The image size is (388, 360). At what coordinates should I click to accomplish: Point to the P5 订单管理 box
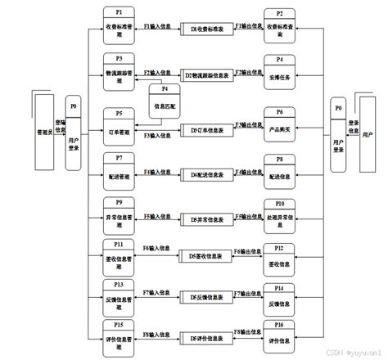(119, 125)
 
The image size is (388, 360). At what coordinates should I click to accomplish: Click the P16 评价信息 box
(279, 337)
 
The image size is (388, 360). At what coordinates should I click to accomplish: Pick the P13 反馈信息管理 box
(119, 295)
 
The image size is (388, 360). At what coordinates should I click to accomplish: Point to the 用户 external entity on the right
(370, 133)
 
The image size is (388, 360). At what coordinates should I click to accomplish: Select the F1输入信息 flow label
(158, 26)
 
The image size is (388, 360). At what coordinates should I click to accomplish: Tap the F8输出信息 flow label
(247, 333)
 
